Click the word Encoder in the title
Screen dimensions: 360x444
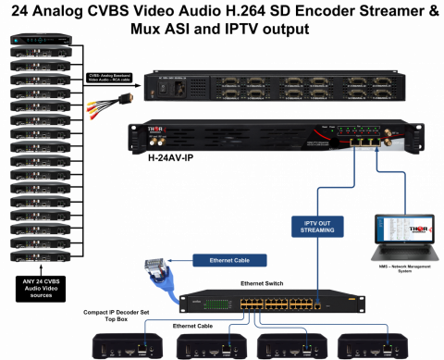(x=317, y=10)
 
